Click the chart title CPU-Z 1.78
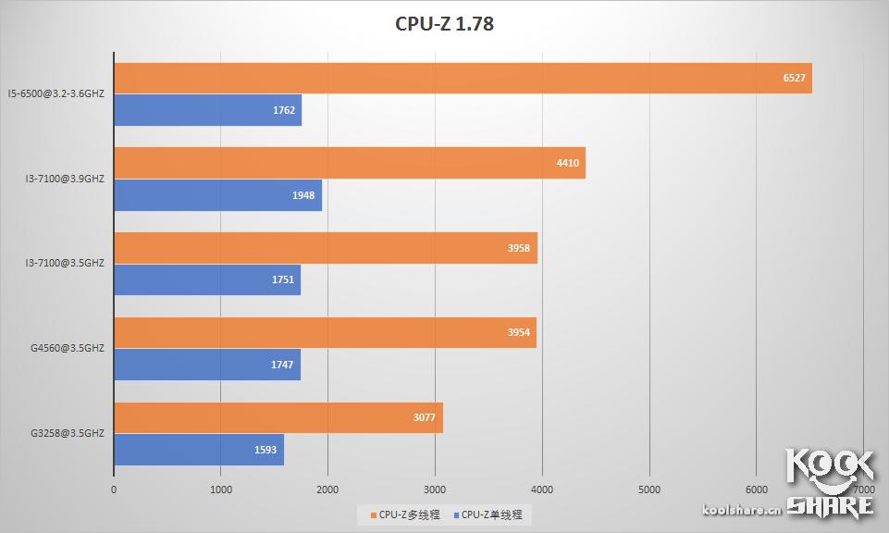coord(444,24)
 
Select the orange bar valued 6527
coord(463,79)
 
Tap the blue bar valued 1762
coord(207,110)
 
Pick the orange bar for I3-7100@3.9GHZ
coord(350,163)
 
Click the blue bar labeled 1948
coord(217,195)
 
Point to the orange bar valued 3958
coord(326,248)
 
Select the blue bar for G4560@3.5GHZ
coord(207,365)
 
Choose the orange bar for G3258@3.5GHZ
coord(278,417)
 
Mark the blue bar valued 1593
coord(199,450)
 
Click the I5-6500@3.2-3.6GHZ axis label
coord(56,93)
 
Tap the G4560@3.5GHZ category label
coord(67,348)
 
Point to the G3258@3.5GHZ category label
coord(67,433)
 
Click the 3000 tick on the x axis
coord(435,490)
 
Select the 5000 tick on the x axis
coord(649,490)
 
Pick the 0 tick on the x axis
coord(114,490)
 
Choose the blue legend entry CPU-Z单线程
coord(492,514)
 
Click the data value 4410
coord(567,163)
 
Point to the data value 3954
coord(519,332)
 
